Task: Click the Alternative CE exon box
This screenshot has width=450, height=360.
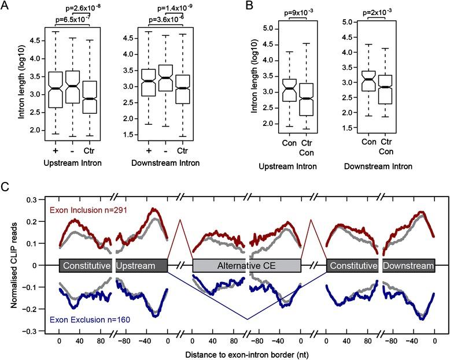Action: click(x=246, y=266)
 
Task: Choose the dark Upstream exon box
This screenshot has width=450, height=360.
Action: click(x=141, y=266)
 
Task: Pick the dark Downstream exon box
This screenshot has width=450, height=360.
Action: click(x=408, y=266)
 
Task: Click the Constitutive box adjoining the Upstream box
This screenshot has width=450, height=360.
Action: click(x=86, y=266)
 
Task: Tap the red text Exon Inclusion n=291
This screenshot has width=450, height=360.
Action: click(x=90, y=209)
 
